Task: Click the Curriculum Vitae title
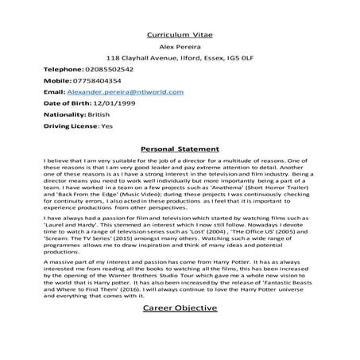179,35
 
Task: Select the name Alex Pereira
179,47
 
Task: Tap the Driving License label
71,126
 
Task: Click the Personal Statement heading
179,148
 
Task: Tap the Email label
52,92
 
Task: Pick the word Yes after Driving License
106,126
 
